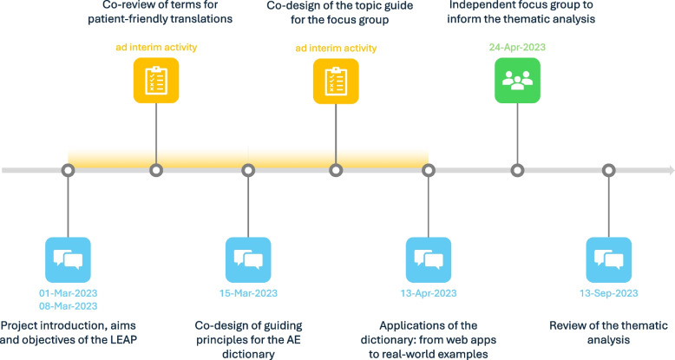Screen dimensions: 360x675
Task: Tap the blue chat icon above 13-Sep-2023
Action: pos(608,259)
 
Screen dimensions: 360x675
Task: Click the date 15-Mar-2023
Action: pos(247,293)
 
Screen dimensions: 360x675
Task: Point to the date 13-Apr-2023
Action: pos(429,293)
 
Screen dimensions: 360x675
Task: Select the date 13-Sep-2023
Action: pos(608,293)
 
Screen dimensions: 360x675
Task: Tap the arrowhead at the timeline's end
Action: pos(668,170)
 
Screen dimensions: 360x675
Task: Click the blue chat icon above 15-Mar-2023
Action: pos(247,259)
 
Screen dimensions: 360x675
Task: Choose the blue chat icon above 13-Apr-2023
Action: pos(429,259)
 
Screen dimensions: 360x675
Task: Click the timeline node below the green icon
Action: pos(518,170)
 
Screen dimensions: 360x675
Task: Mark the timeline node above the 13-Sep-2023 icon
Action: pos(608,170)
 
